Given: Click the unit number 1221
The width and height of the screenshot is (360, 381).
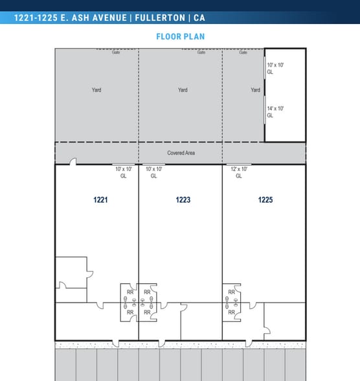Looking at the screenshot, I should coord(100,200).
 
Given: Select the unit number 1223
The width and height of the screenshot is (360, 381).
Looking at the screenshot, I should coord(183,200).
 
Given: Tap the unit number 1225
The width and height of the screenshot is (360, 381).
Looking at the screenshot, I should coord(265,200).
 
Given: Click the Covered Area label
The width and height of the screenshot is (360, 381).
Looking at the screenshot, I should coord(181,153).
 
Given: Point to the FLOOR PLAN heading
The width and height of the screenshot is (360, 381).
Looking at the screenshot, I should coord(180,36).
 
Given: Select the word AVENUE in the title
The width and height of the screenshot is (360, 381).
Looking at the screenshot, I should coord(106,18).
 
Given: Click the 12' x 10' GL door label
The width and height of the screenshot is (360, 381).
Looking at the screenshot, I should coord(239,172).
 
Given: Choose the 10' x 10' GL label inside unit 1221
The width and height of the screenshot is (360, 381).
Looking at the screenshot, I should coord(124,172).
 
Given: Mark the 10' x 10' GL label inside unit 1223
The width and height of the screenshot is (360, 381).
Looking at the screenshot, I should coord(153,172).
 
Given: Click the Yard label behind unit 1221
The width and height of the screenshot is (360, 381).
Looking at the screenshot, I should coord(96,90).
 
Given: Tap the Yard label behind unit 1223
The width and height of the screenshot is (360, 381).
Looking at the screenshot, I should coord(183,90).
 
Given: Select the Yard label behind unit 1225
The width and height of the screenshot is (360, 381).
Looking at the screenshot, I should coord(255,90).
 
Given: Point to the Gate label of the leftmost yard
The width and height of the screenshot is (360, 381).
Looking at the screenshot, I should coord(117,52).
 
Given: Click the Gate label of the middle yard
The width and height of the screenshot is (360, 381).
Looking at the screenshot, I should coord(201,52).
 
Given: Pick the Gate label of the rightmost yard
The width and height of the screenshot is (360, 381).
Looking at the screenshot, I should coord(243,52).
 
